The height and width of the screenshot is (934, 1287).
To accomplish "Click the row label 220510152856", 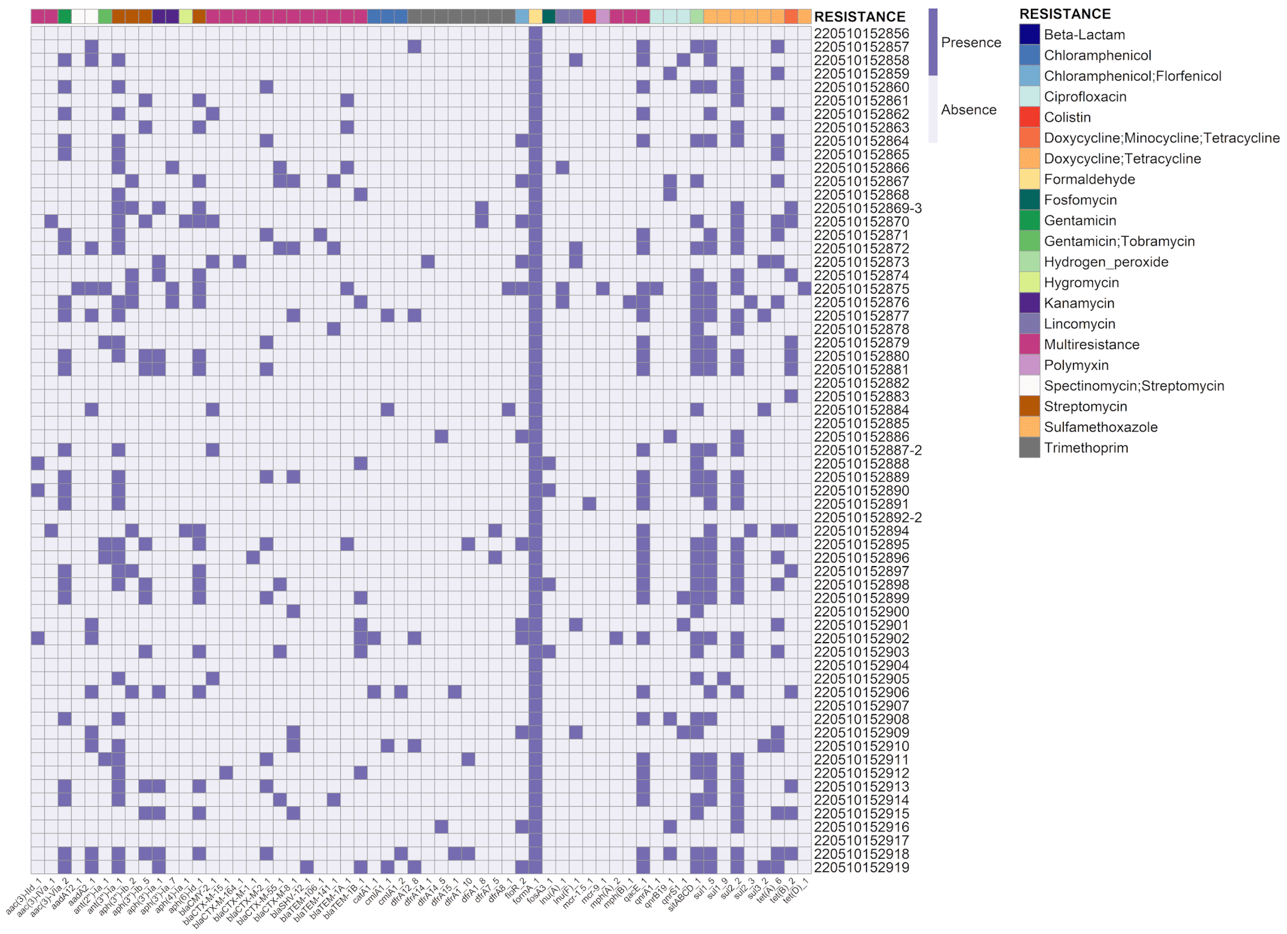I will pos(861,34).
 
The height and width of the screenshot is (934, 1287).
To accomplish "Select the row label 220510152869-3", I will pos(867,208).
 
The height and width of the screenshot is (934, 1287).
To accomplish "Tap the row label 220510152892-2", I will pos(867,518).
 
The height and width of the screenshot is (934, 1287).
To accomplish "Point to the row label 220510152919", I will pos(861,867).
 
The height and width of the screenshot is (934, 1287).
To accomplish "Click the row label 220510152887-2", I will pos(867,450).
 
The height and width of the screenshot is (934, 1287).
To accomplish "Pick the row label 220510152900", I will pos(861,612).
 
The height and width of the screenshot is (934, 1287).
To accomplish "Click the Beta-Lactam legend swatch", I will pos(1029,35).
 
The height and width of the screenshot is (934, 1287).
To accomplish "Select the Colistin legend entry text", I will pos(1067,118).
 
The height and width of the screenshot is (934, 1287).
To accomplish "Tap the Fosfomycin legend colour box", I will pos(1029,200).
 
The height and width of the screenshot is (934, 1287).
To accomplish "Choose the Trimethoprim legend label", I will pos(1085,448).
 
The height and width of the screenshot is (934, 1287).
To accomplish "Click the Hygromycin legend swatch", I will pos(1029,282).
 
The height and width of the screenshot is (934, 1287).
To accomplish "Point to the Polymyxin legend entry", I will pos(1076,365).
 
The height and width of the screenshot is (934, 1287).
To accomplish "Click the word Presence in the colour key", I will pos(970,42).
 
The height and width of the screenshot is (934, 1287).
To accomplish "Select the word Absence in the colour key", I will pos(968,110).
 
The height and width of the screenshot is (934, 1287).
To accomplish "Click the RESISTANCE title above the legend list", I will pos(1064,14).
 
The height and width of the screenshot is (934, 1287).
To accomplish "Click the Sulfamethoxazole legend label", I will pos(1100,427).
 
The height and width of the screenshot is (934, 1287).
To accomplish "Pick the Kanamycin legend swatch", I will pos(1029,303).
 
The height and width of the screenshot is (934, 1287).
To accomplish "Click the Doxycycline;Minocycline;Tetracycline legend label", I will pos(1161,138).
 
